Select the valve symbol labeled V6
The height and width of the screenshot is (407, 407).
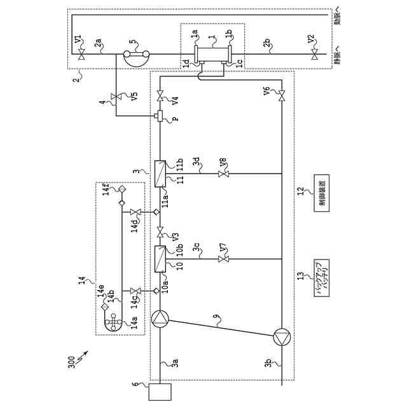coord(282,96)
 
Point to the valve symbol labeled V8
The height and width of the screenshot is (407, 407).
coord(223,173)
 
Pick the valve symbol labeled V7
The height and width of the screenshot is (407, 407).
coord(223,259)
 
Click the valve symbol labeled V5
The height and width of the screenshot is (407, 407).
coord(116,97)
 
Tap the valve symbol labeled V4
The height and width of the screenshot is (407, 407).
coord(159,96)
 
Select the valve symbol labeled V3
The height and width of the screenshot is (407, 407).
coord(159,230)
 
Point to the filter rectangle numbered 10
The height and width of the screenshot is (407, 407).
coord(159,260)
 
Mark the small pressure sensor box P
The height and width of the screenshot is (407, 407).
coord(159,116)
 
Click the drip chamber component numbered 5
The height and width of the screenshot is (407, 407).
coord(135,57)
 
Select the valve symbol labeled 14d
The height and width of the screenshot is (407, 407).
coord(134,212)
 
